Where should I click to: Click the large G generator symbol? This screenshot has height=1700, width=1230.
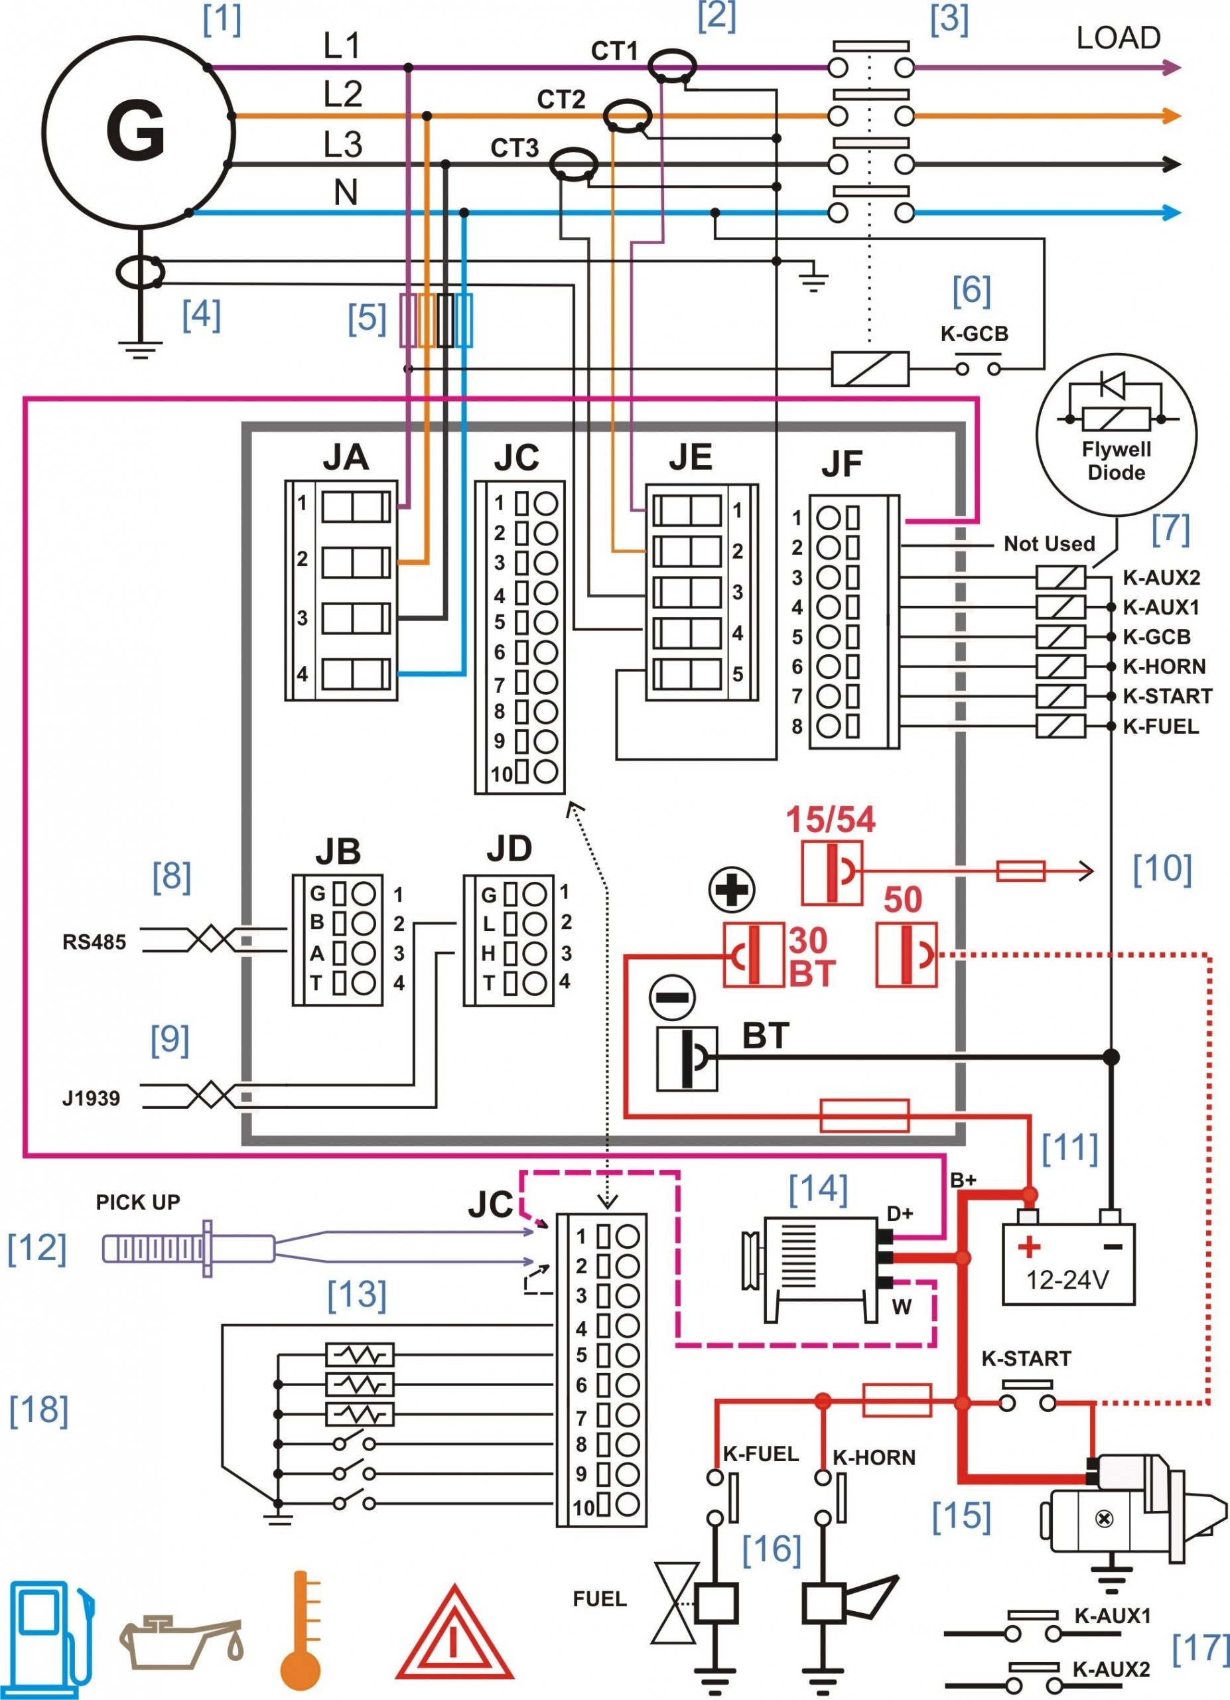tap(137, 131)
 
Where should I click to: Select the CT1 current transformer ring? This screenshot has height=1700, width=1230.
tap(671, 65)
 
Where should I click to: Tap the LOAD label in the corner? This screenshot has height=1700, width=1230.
tap(1118, 38)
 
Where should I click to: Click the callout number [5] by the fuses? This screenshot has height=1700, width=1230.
tap(366, 318)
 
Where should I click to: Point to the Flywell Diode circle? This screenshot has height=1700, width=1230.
tap(1116, 435)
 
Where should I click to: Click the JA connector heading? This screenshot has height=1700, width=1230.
tap(346, 457)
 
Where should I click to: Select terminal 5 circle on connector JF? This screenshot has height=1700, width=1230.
tap(828, 636)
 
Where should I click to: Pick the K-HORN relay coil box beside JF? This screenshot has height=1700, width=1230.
tap(1061, 666)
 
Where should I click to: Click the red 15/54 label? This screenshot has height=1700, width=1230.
tap(830, 820)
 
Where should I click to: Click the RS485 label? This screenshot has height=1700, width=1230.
tap(94, 942)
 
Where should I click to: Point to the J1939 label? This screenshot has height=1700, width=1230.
tap(91, 1098)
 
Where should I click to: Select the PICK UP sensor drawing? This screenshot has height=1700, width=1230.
tap(187, 1248)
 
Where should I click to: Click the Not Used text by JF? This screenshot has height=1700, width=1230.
tap(1049, 543)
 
